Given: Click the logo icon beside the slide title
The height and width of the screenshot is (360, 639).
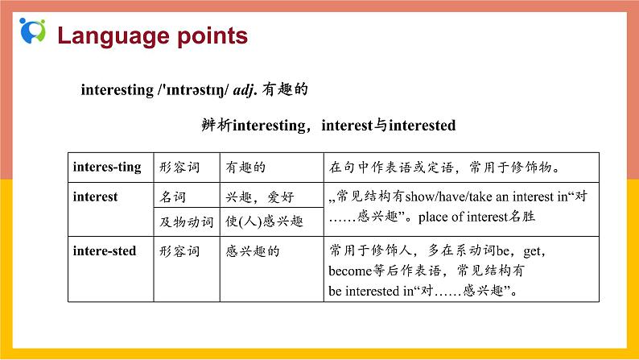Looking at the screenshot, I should (33, 31).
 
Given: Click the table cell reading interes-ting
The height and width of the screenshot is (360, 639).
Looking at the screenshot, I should (106, 167).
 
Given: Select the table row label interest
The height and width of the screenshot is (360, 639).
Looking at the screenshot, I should (95, 196).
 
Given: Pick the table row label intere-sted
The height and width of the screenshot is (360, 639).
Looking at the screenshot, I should (105, 250).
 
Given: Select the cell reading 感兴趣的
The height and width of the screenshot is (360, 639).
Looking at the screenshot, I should (253, 250).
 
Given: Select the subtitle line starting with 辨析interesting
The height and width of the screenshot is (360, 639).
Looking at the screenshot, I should (328, 126).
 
